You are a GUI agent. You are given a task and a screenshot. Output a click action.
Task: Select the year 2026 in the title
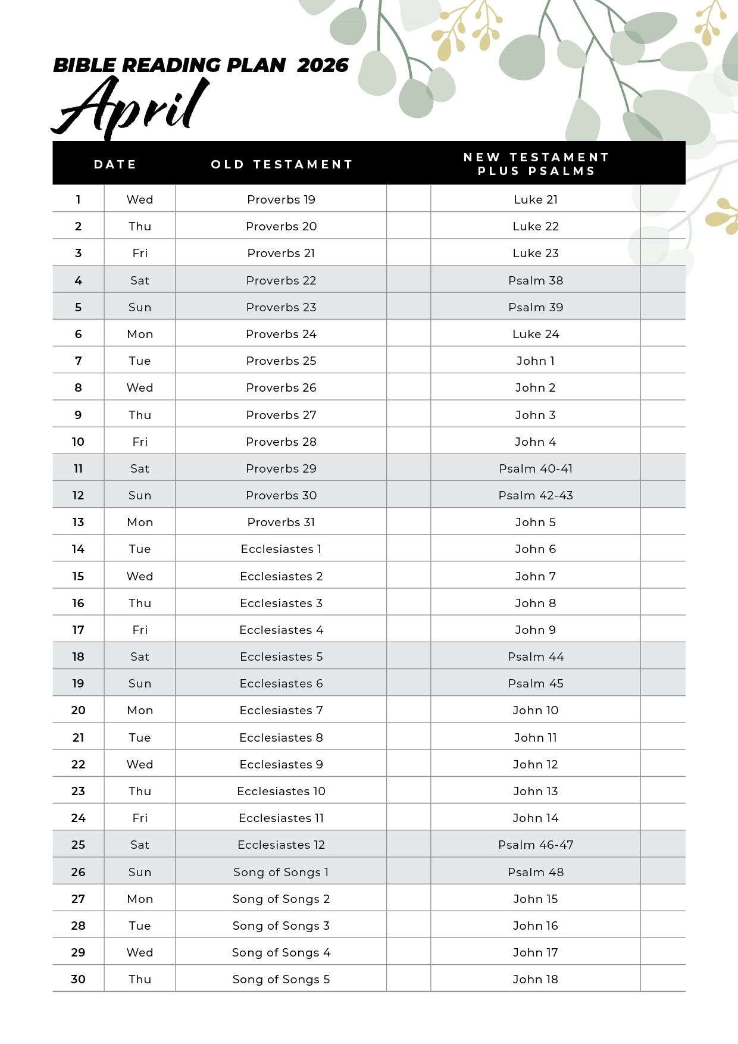[323, 65]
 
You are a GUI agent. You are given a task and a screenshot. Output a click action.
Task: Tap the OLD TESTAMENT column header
[282, 164]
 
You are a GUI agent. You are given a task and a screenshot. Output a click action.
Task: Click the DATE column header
[115, 164]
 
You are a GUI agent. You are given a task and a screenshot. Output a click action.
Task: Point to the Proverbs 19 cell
[281, 199]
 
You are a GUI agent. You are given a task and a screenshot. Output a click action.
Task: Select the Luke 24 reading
[536, 334]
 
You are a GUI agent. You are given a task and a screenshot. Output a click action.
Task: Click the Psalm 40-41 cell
[536, 468]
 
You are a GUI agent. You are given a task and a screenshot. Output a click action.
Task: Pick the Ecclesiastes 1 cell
[281, 549]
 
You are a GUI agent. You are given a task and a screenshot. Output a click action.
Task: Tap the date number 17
[78, 630]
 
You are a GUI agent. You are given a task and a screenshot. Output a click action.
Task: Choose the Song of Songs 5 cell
[281, 979]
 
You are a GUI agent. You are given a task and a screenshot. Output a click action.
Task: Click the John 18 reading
[536, 979]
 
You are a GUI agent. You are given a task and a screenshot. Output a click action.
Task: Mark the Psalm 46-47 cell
[536, 845]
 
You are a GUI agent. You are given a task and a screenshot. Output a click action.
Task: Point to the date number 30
[78, 979]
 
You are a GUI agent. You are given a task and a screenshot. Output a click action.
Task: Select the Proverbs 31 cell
[281, 522]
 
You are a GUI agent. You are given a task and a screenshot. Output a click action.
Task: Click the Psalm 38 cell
[536, 280]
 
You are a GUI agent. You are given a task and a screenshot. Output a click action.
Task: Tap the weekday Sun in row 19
[140, 683]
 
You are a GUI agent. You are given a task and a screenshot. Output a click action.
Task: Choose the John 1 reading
[536, 361]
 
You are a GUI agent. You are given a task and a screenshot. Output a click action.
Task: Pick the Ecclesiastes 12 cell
[281, 845]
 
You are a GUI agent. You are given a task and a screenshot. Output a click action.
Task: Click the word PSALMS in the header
[561, 171]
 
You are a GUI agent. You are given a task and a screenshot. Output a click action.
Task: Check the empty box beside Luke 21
[662, 199]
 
